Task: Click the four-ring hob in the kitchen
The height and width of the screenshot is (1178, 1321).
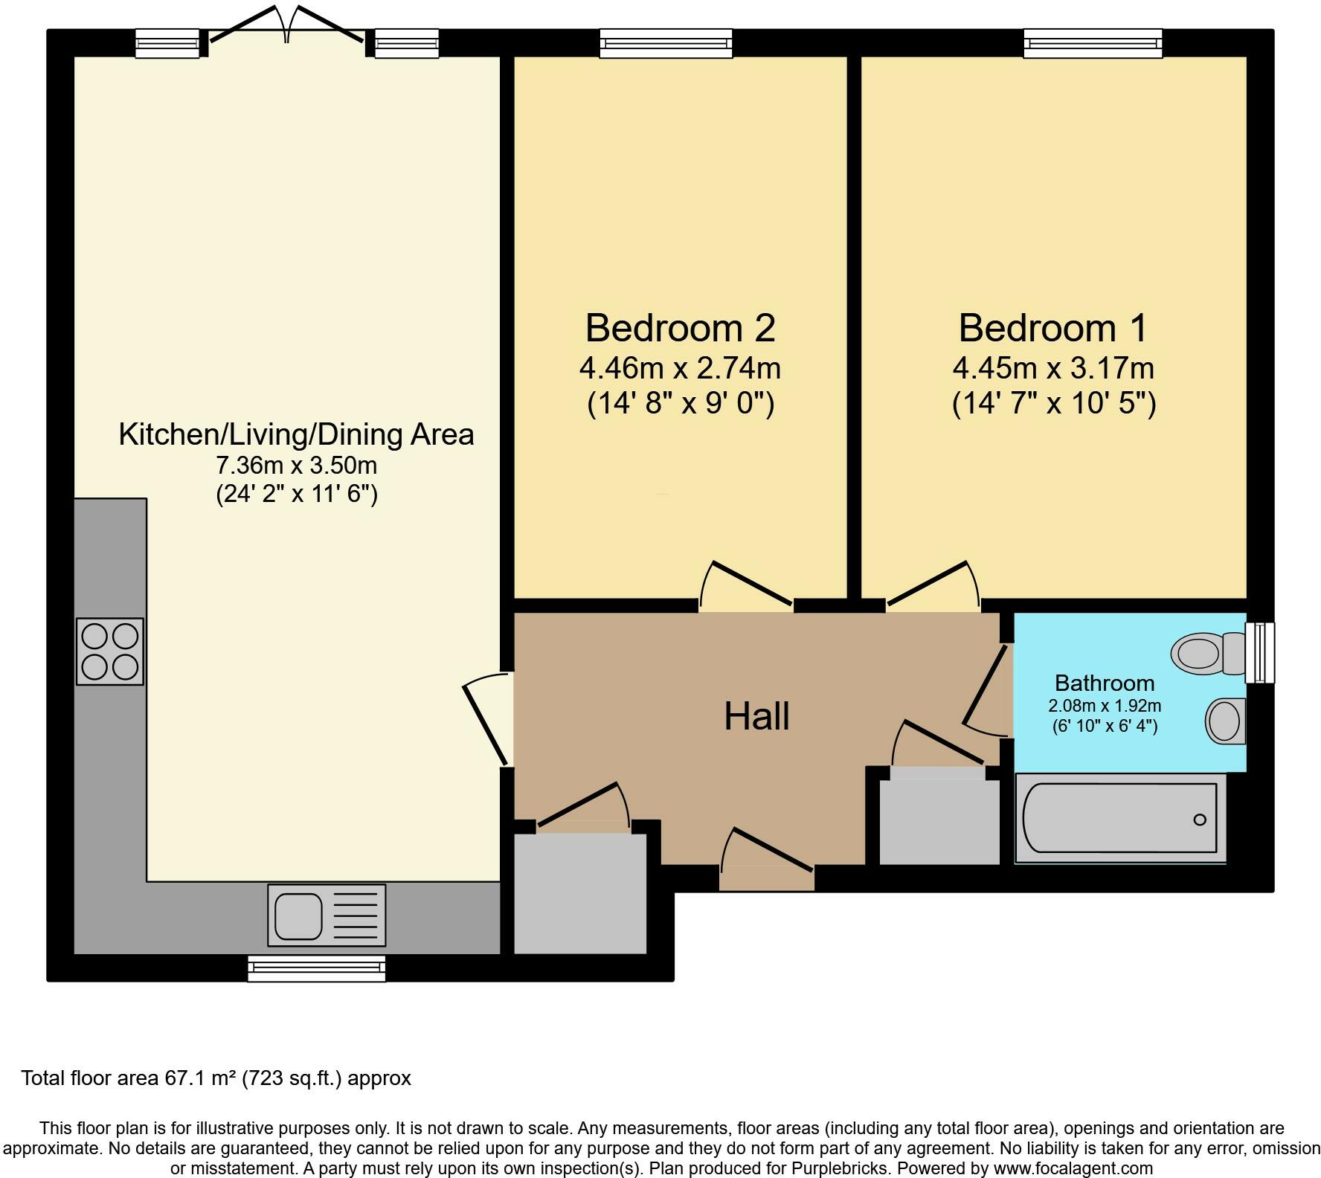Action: point(109,651)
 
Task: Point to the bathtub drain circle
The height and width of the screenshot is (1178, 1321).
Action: point(1199,820)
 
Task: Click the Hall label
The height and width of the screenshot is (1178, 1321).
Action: point(756,716)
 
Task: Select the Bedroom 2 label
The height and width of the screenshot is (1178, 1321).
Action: point(680,328)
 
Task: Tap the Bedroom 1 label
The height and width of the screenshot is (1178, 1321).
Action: point(1052,328)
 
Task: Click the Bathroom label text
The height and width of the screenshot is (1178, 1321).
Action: point(1104,683)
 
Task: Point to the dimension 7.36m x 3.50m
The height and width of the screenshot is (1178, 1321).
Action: point(296,466)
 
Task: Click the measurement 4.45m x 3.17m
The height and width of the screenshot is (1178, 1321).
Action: point(1052,368)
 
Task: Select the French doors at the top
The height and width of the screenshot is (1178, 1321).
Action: point(286,30)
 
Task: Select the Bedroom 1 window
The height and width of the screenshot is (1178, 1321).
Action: point(1093,43)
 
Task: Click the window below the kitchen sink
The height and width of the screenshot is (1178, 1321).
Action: point(316,968)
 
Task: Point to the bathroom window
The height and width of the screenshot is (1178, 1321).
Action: point(1260,652)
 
